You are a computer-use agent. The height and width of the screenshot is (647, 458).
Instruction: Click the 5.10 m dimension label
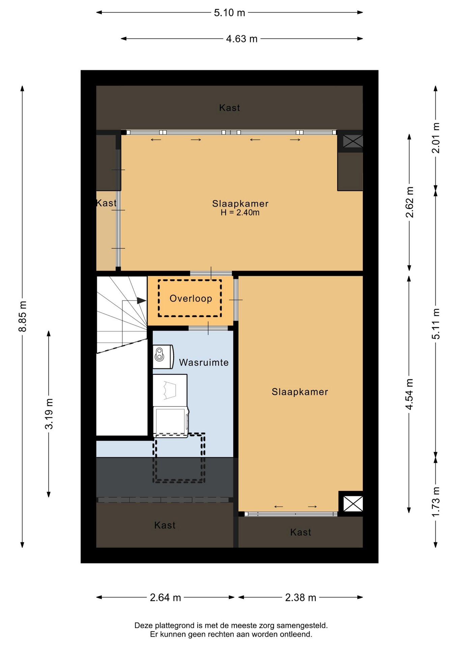coord(229,13)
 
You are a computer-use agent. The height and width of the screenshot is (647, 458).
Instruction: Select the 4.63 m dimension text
coord(242,39)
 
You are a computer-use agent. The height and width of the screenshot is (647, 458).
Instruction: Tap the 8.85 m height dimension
coord(22,316)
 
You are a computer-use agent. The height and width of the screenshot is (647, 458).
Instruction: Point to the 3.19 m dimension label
coord(49,414)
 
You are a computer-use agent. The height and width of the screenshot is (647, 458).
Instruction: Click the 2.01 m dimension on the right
coord(436,138)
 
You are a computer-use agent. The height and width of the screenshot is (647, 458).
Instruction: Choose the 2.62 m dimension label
coord(409,202)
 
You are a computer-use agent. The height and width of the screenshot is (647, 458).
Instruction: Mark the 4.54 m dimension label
coord(409,394)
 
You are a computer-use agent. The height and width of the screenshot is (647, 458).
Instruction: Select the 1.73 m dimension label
coord(436,502)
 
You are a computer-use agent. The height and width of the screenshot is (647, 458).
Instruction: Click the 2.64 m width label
coord(165,598)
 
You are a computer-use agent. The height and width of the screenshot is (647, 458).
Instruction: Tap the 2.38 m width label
coord(300,598)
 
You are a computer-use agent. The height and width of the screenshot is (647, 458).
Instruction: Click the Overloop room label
coord(191,299)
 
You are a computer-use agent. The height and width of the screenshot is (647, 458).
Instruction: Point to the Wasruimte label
coord(204,363)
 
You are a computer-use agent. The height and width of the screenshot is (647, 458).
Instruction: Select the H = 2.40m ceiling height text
coord(240,213)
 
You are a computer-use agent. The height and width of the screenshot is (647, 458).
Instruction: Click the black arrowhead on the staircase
coord(142,301)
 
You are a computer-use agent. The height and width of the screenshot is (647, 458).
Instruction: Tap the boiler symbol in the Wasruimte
coord(163,357)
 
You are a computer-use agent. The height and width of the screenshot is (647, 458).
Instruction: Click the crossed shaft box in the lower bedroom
coord(353,504)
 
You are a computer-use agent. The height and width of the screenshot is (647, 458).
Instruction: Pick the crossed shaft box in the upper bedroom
coord(353,141)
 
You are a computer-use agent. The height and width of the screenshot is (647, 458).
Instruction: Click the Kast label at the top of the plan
coord(229,108)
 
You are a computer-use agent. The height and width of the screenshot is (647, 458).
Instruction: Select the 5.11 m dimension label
coord(436,324)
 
